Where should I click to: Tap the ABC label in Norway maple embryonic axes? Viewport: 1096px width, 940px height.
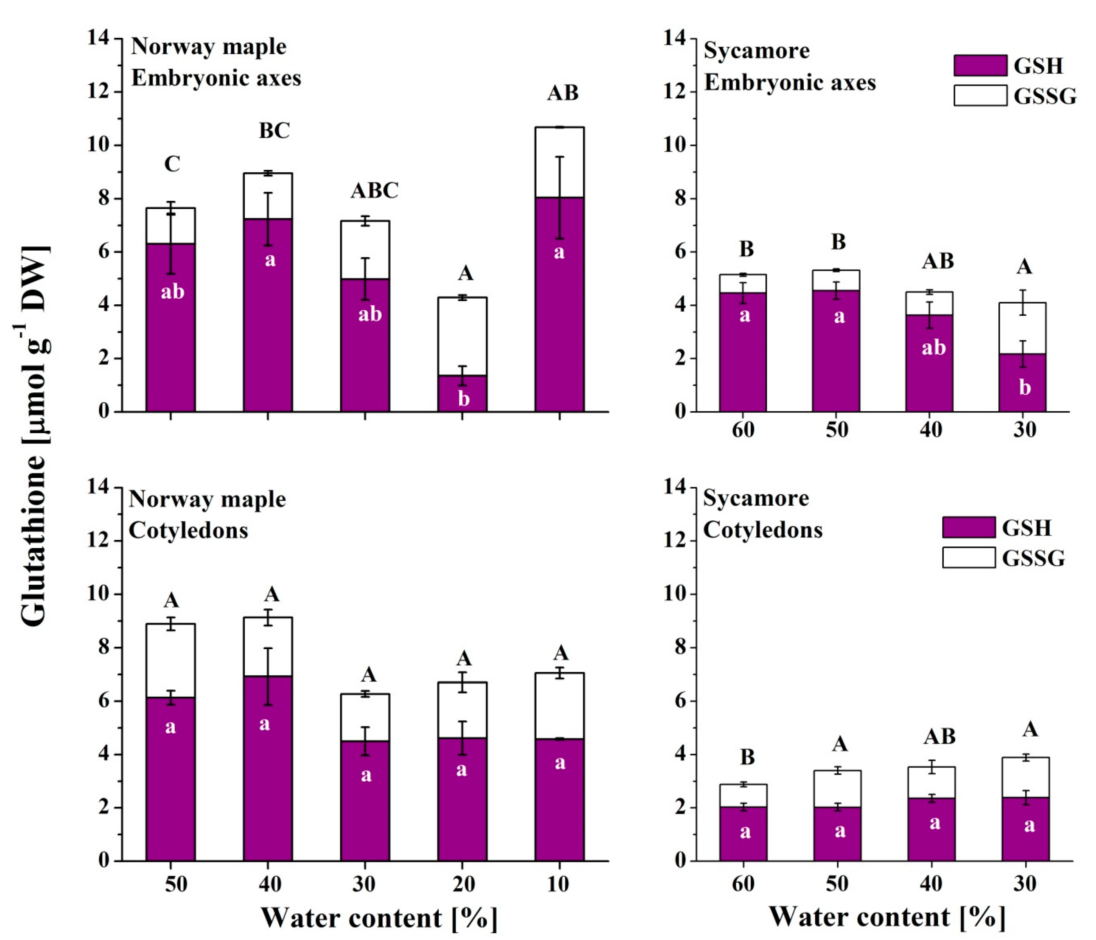(x=374, y=191)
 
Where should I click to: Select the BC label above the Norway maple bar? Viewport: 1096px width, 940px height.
(x=274, y=131)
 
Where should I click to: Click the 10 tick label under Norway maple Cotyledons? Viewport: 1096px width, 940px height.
(x=558, y=884)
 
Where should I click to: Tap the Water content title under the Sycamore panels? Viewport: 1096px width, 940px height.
(x=887, y=917)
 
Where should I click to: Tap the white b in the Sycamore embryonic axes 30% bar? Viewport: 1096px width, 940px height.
(x=1025, y=388)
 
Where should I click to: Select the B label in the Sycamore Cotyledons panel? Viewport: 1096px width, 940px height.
(x=747, y=757)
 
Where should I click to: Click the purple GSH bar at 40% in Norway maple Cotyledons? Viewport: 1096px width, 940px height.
(x=268, y=767)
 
